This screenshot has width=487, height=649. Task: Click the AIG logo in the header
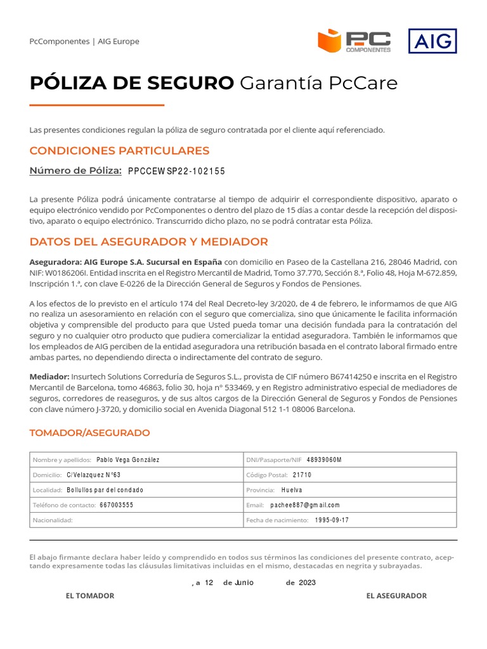[x=432, y=41]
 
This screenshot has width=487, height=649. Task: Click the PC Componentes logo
[x=354, y=41]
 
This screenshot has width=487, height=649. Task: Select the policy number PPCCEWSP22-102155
[x=176, y=171]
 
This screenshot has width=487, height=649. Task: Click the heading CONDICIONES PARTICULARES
[x=119, y=151]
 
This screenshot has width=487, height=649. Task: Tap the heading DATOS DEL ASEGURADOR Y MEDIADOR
[x=148, y=241]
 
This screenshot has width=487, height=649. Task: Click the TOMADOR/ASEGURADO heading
[x=89, y=433]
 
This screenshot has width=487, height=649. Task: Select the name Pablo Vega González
[x=127, y=459]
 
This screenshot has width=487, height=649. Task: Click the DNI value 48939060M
[x=323, y=459]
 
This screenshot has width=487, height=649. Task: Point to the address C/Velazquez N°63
[x=93, y=475]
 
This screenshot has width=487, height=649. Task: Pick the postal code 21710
[x=302, y=475]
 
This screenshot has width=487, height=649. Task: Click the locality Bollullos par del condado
[x=105, y=490]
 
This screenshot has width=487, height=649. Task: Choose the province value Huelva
[x=292, y=490]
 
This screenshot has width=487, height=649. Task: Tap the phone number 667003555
[x=116, y=505]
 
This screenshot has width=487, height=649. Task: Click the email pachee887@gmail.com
[x=304, y=505]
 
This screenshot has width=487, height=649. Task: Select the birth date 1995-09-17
[x=332, y=520]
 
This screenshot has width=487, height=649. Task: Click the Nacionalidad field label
[x=53, y=520]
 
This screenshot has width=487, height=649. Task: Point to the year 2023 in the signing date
[x=307, y=582]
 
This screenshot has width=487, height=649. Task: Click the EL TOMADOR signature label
[x=90, y=596]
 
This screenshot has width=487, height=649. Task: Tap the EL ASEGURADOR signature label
[x=396, y=596]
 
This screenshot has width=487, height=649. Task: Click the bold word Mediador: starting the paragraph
[x=49, y=376]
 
